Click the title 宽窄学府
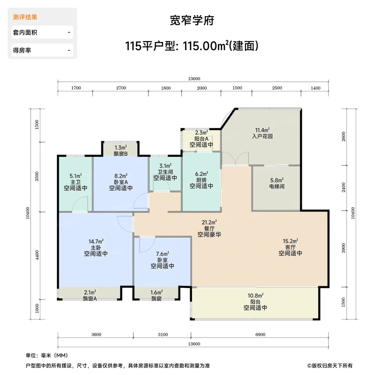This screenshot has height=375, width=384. pyautogui.click(x=192, y=21)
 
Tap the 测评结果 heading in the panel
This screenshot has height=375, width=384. pyautogui.click(x=25, y=17)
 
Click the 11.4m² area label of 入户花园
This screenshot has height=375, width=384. pyautogui.click(x=262, y=130)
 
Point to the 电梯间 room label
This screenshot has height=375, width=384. pyautogui.click(x=277, y=187)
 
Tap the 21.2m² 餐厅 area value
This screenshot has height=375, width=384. pyautogui.click(x=209, y=222)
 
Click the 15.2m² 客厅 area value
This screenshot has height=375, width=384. pyautogui.click(x=290, y=241)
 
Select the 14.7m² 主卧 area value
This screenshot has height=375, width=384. pyautogui.click(x=96, y=242)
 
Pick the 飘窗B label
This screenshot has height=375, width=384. pyautogui.click(x=121, y=154)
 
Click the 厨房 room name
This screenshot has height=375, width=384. pyautogui.click(x=201, y=180)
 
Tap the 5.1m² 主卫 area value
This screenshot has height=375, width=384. pyautogui.click(x=75, y=176)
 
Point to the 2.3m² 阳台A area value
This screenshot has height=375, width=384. pyautogui.click(x=201, y=133)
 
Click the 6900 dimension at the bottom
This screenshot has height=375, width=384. pyautogui.click(x=260, y=334)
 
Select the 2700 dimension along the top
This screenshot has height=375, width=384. pyautogui.click(x=121, y=88)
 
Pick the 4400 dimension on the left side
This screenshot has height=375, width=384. pyautogui.click(x=37, y=255)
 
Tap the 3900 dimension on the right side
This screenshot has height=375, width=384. pyautogui.click(x=343, y=248)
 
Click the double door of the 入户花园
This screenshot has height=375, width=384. pyautogui.click(x=235, y=159)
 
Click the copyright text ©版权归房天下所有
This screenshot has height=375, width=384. pyautogui.click(x=330, y=366)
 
